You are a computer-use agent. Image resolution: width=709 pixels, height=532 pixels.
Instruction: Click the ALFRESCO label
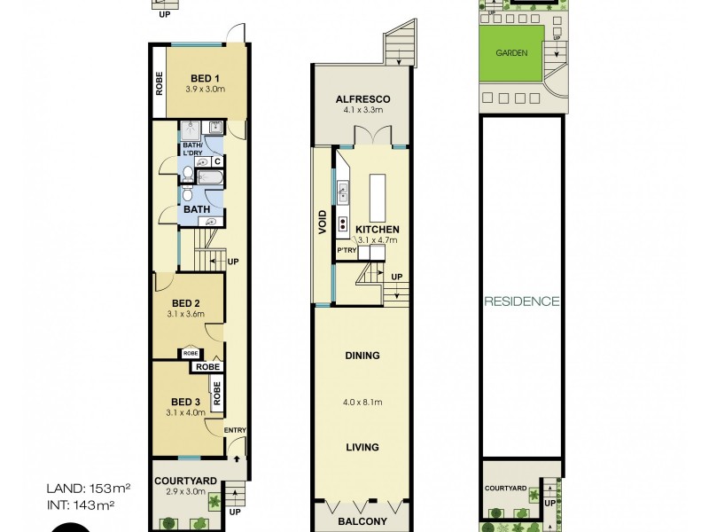(x=358, y=99)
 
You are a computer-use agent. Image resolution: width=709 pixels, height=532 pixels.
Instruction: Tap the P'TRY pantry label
(x=346, y=251)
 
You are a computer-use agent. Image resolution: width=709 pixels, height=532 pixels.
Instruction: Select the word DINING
(x=362, y=356)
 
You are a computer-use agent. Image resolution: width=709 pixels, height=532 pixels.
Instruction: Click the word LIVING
(x=362, y=447)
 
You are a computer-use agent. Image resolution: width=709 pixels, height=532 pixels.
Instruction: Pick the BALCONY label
(x=362, y=522)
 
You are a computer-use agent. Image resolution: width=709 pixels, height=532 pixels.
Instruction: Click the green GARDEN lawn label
(x=511, y=53)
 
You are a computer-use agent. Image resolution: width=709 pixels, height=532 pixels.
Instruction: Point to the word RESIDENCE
(x=521, y=301)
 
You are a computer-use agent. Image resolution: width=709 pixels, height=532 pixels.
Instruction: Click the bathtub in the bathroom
(x=209, y=178)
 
